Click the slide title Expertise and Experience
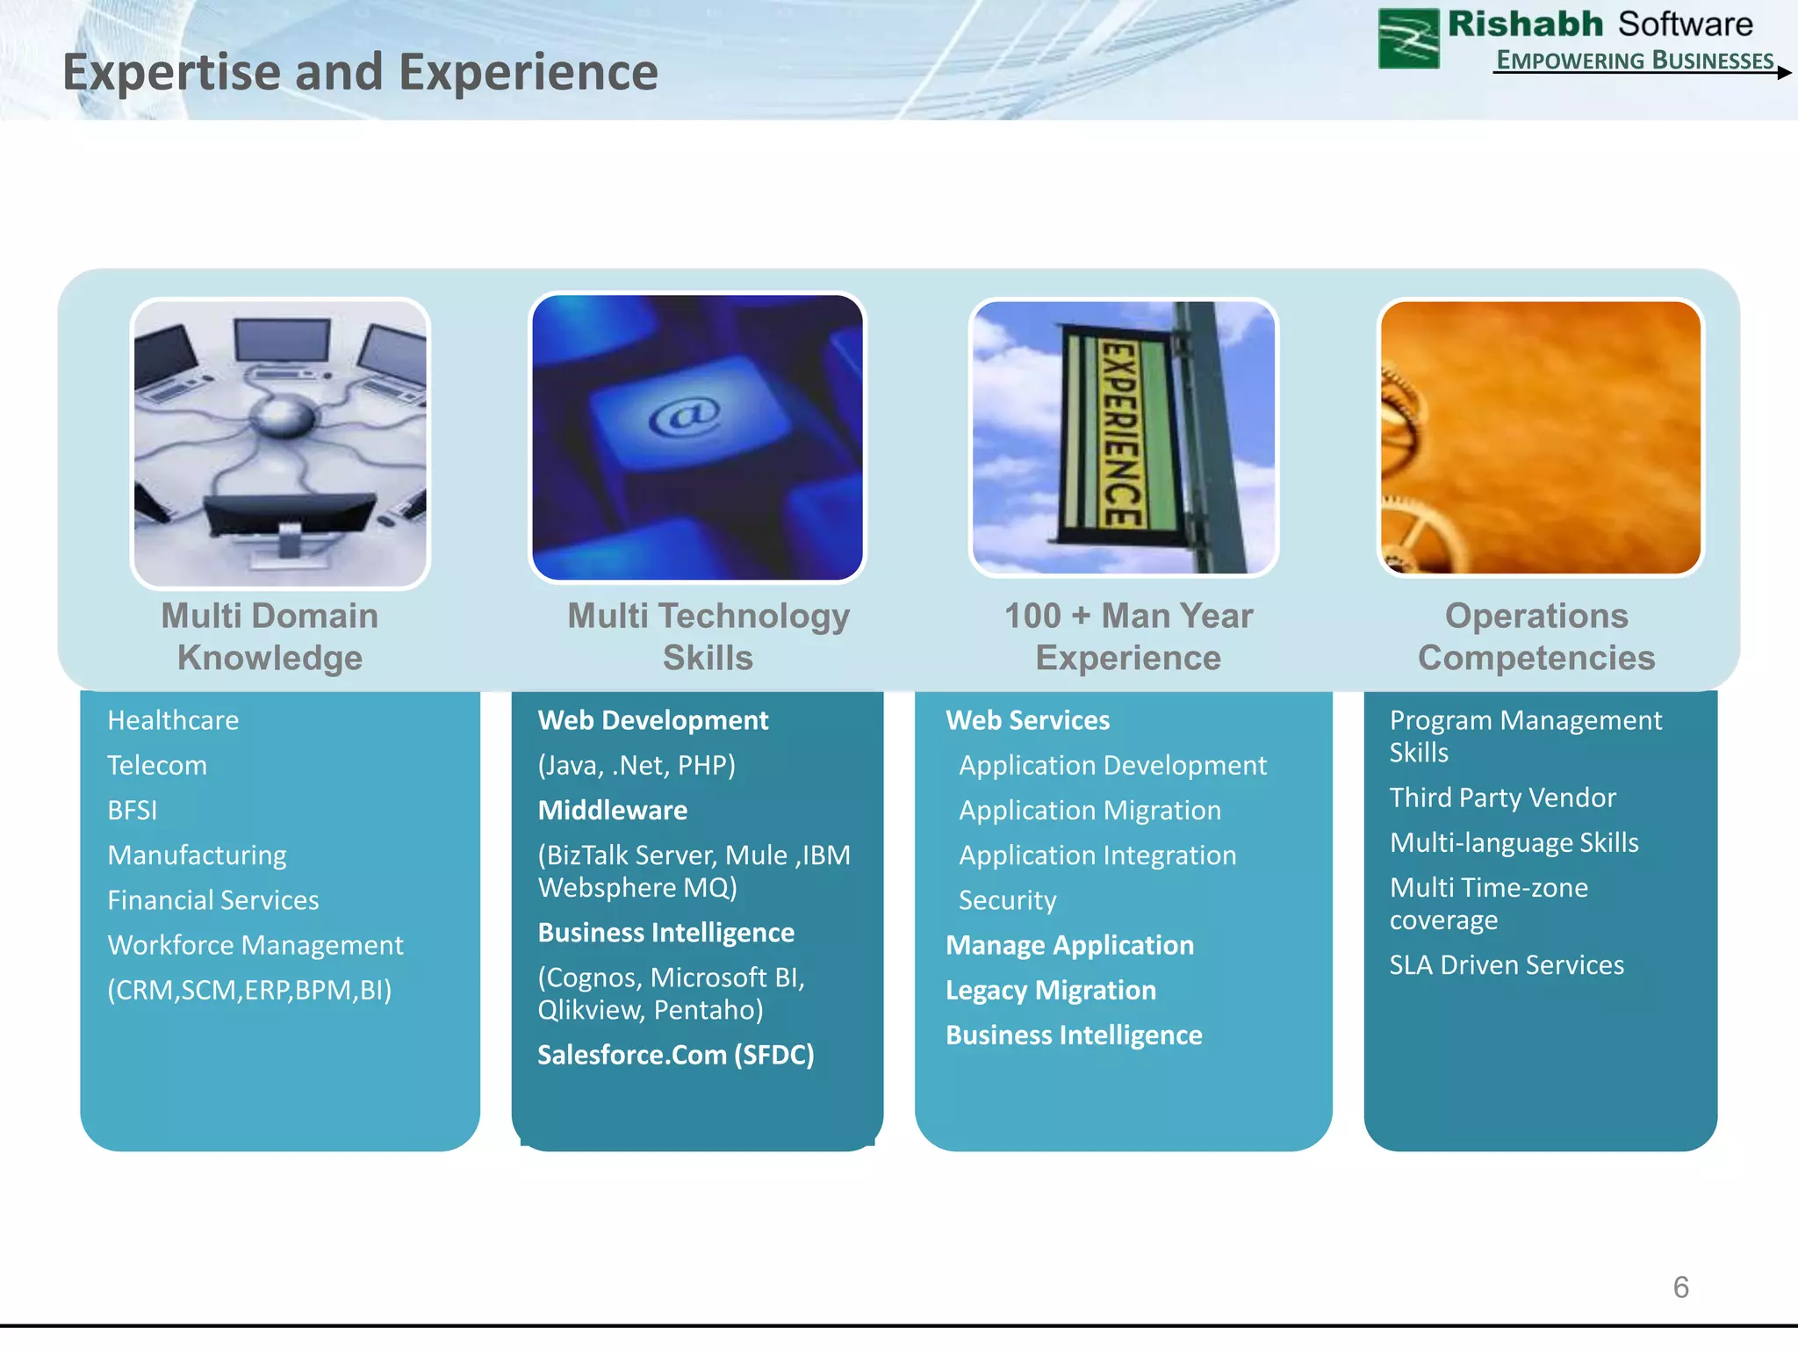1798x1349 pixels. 360,72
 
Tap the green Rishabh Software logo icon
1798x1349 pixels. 1408,39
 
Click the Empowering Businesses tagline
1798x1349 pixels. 1635,61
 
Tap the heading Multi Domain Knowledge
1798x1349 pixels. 270,636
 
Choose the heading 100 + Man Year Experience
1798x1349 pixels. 1128,636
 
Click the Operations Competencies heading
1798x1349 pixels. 1536,636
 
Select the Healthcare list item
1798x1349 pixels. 173,720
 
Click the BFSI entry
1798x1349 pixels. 133,810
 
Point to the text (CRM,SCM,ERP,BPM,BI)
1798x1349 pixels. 249,990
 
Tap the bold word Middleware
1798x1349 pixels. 612,810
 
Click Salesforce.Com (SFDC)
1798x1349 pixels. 675,1054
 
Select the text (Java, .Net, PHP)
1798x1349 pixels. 636,765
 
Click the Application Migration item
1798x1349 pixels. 1090,810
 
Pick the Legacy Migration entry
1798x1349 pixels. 1050,990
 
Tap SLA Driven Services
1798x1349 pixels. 1506,964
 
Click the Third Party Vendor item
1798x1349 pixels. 1502,797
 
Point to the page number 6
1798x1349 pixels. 1680,1287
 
